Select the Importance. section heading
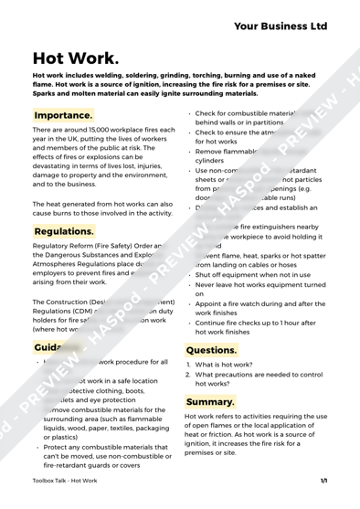[63, 116]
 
